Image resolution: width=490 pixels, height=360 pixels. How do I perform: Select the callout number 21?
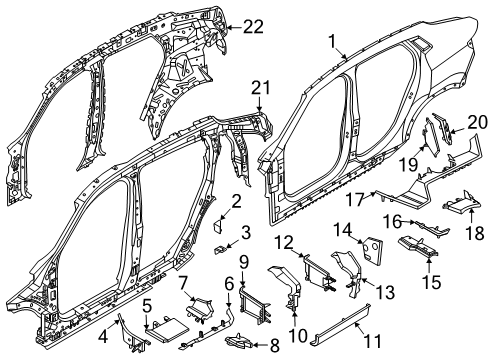[261, 88]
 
